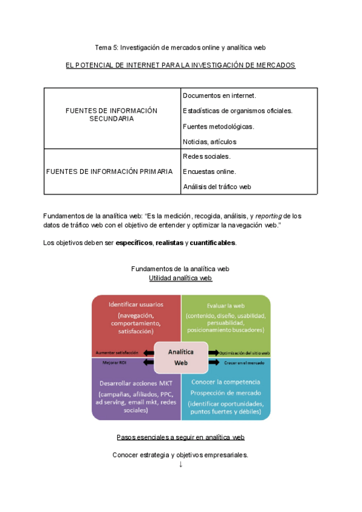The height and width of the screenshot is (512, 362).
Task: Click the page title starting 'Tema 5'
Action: tap(180, 47)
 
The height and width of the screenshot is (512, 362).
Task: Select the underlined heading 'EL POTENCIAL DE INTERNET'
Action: tap(180, 65)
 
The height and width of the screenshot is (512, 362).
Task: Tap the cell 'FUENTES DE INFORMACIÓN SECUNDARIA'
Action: tap(111, 115)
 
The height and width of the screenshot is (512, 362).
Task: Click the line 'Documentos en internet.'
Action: tap(219, 96)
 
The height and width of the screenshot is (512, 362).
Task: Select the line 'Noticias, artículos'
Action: tap(209, 142)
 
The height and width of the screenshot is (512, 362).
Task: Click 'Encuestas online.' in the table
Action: tap(209, 171)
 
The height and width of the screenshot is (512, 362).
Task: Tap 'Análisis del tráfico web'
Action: tap(216, 187)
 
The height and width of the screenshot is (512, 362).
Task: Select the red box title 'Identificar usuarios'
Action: tap(136, 304)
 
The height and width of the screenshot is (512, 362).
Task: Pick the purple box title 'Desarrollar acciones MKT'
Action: tap(135, 384)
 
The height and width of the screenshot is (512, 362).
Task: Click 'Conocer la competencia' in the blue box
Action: tap(226, 382)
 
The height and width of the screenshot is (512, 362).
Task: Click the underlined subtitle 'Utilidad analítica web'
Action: tap(180, 278)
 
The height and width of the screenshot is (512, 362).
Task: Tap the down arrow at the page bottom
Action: tap(180, 464)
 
